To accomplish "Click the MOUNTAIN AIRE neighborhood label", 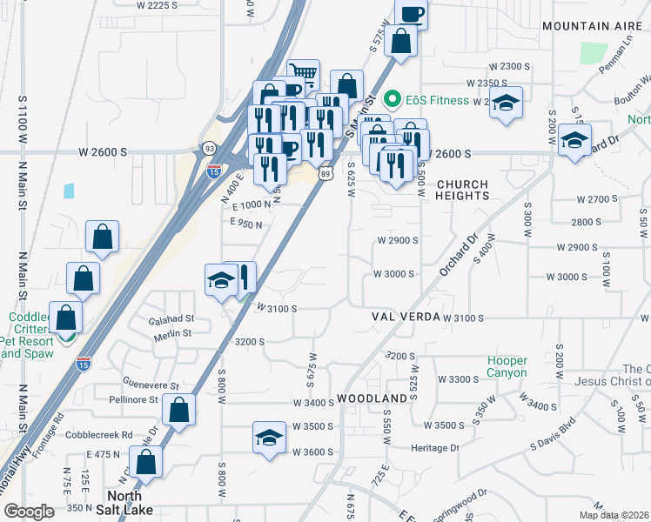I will [x=587, y=26].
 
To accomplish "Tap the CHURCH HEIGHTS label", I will [x=462, y=190].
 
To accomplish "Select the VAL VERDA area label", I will [x=402, y=318].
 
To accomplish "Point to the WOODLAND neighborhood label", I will [x=372, y=398].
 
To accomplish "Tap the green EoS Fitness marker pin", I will [x=392, y=99].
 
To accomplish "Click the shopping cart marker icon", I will [x=304, y=73].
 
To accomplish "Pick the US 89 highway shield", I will [x=325, y=175].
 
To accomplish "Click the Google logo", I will [x=29, y=512].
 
